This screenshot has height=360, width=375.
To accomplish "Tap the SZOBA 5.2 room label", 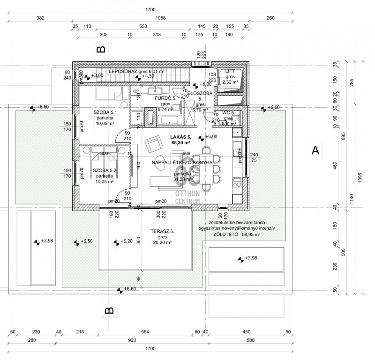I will [x=104, y=170].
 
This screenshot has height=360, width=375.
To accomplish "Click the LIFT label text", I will [x=230, y=71].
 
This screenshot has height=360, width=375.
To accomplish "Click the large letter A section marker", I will [x=315, y=150].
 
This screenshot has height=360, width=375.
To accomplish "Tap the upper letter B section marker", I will [x=101, y=49].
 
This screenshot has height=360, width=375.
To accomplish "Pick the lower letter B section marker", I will [x=108, y=310].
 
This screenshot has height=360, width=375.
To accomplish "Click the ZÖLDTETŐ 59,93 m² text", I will [x=236, y=235].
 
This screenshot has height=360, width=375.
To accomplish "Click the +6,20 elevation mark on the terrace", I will [x=124, y=242].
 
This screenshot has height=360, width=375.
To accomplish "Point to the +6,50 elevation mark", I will [x=84, y=242].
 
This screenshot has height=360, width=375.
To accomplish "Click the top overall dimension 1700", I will [x=150, y=9].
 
